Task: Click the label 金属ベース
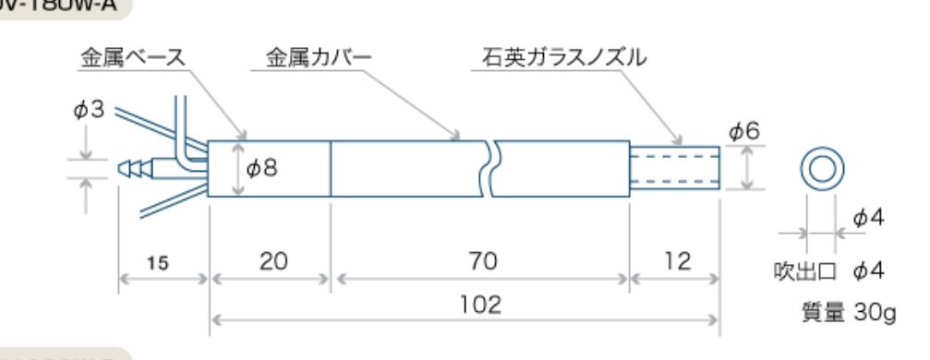pos(129,58)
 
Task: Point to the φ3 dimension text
pos(94,112)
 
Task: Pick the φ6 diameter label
pos(744,132)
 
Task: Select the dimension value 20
pos(271,262)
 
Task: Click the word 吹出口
pos(802,271)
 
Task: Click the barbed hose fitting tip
pos(134,168)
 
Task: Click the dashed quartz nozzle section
pos(674,168)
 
